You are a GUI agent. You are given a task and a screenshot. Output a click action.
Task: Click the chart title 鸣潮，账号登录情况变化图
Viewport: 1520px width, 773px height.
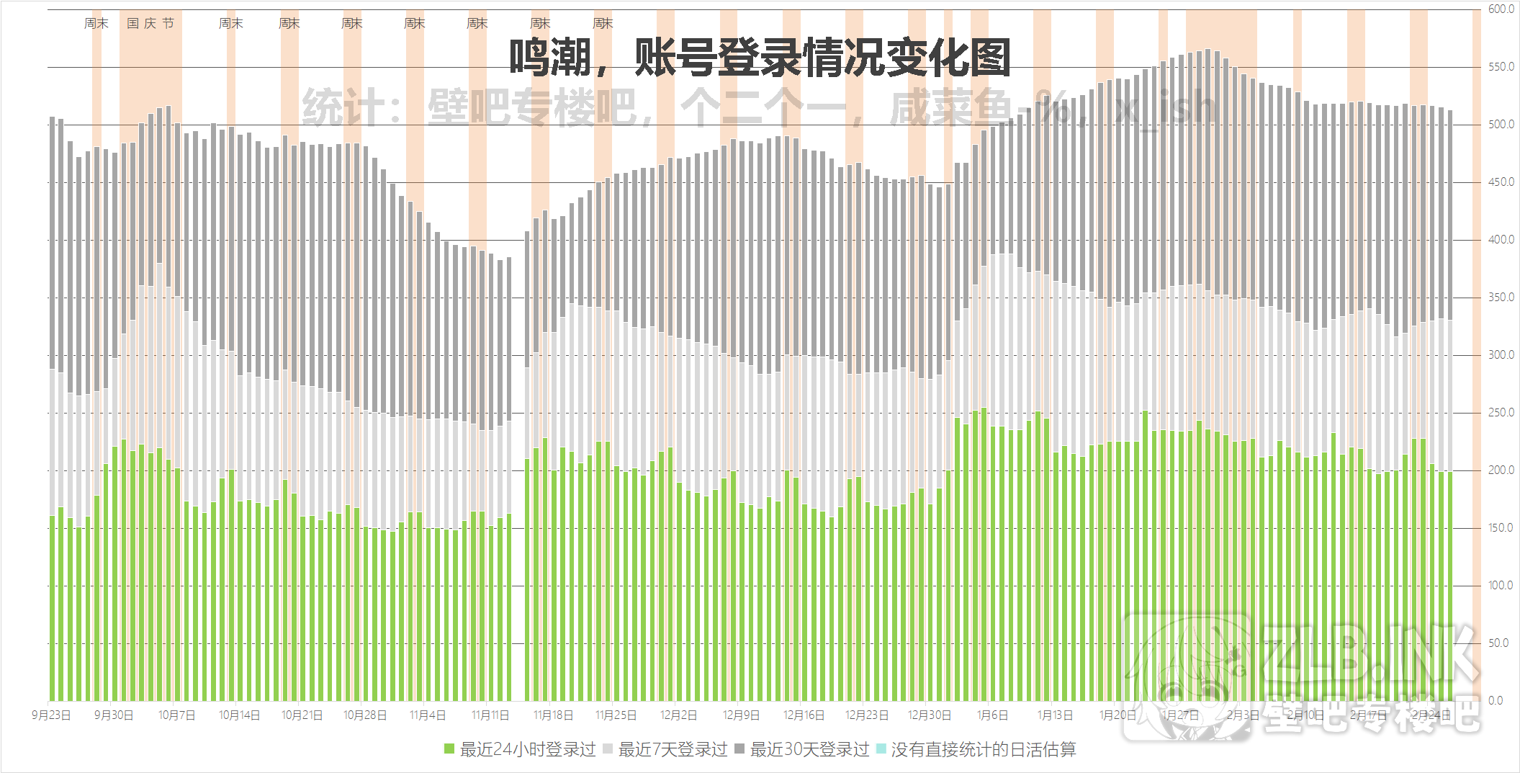pyautogui.click(x=760, y=58)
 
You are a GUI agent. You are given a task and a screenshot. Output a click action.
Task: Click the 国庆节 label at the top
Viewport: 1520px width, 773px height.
pyautogui.click(x=150, y=24)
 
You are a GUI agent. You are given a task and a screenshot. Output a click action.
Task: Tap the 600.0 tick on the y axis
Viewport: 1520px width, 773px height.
pyautogui.click(x=1501, y=9)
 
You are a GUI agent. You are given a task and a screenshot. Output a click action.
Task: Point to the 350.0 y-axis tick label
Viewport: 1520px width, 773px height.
pyautogui.click(x=1501, y=298)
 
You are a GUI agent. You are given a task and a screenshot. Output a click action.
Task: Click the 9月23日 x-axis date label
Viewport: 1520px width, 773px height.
pyautogui.click(x=51, y=715)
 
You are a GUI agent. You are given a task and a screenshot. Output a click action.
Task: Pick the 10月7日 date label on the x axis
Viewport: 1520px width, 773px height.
pyautogui.click(x=176, y=715)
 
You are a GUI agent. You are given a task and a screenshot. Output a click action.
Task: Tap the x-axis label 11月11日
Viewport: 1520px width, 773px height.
pyautogui.click(x=490, y=715)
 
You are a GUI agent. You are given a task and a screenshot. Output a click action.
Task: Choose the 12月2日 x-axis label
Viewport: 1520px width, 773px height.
pyautogui.click(x=678, y=715)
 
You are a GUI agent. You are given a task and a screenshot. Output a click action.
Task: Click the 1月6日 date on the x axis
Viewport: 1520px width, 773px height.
pyautogui.click(x=992, y=715)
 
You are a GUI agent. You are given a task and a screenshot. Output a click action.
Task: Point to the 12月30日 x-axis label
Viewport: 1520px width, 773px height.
pyautogui.click(x=929, y=715)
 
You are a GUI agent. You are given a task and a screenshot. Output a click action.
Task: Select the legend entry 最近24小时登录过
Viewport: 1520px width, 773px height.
pyautogui.click(x=528, y=750)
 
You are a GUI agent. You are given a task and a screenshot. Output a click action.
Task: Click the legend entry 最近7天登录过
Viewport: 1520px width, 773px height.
pyautogui.click(x=673, y=750)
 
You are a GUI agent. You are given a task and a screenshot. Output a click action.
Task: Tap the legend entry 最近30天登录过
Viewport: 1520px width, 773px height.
pyautogui.click(x=809, y=750)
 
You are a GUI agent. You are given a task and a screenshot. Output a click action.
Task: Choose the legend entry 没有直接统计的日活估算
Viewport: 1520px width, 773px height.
pyautogui.click(x=983, y=750)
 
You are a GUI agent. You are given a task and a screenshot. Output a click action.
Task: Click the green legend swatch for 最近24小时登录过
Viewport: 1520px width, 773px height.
pyautogui.click(x=449, y=750)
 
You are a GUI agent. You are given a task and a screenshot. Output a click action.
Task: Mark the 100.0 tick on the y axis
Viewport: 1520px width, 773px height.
pyautogui.click(x=1501, y=586)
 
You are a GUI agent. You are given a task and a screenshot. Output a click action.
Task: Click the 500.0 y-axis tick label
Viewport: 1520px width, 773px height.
pyautogui.click(x=1501, y=125)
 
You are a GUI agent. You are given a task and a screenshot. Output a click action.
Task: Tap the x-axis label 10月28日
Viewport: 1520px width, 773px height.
pyautogui.click(x=365, y=715)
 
